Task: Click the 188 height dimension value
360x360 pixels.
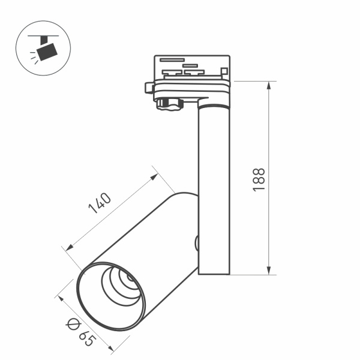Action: (x=259, y=179)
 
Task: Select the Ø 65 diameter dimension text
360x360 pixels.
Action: (x=81, y=332)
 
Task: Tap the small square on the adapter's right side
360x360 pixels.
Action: (x=224, y=71)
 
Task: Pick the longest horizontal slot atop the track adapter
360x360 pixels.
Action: (x=172, y=59)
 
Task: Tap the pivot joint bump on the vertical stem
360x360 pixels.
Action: (x=196, y=243)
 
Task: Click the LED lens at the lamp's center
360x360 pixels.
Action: (x=128, y=277)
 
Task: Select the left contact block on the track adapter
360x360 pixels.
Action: (x=172, y=73)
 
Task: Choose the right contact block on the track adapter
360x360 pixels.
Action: (x=194, y=73)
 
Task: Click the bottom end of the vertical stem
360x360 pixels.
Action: (x=214, y=272)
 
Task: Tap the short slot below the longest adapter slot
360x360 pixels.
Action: (x=190, y=65)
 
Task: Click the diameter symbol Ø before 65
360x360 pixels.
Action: (x=72, y=325)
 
